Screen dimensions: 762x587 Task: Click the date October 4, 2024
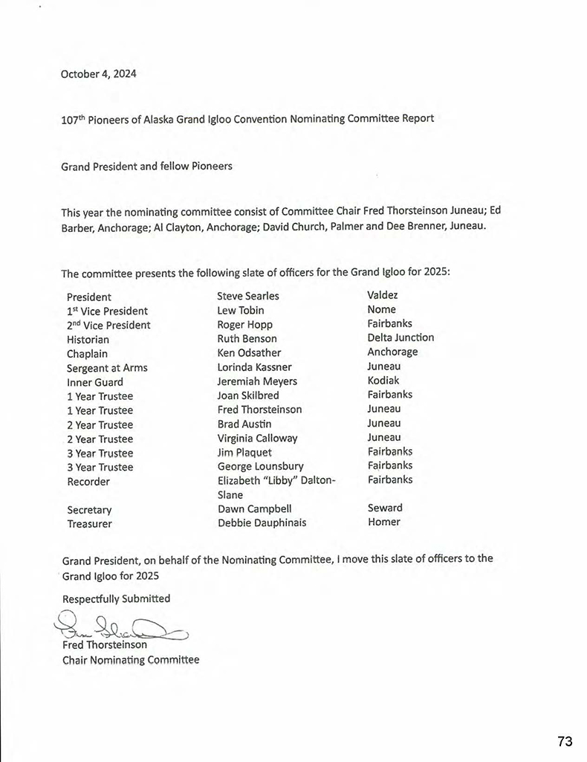[x=99, y=74]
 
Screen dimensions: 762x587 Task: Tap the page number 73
[x=565, y=741]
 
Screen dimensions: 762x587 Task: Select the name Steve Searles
[x=248, y=296]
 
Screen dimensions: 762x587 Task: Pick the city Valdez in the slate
[x=383, y=295]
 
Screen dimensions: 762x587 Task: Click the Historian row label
[x=88, y=339]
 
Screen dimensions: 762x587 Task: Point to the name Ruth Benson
[x=247, y=338]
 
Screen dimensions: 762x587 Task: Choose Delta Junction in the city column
[x=400, y=338]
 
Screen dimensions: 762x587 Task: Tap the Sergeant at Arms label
[x=107, y=367]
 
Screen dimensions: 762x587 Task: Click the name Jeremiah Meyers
[x=257, y=381]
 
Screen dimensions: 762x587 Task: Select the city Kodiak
[x=383, y=381]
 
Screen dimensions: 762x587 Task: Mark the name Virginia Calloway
[x=257, y=439]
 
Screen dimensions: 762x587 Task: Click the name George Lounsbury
[x=260, y=467]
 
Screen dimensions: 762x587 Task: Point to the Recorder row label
[x=88, y=482]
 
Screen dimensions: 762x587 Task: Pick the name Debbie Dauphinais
[x=262, y=523]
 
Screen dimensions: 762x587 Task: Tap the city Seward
[x=385, y=508]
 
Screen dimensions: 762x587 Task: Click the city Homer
[x=383, y=522]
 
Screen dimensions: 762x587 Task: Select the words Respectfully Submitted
[x=116, y=598]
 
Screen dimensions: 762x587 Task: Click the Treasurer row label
[x=89, y=524]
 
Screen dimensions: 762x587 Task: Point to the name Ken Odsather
[x=249, y=352]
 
